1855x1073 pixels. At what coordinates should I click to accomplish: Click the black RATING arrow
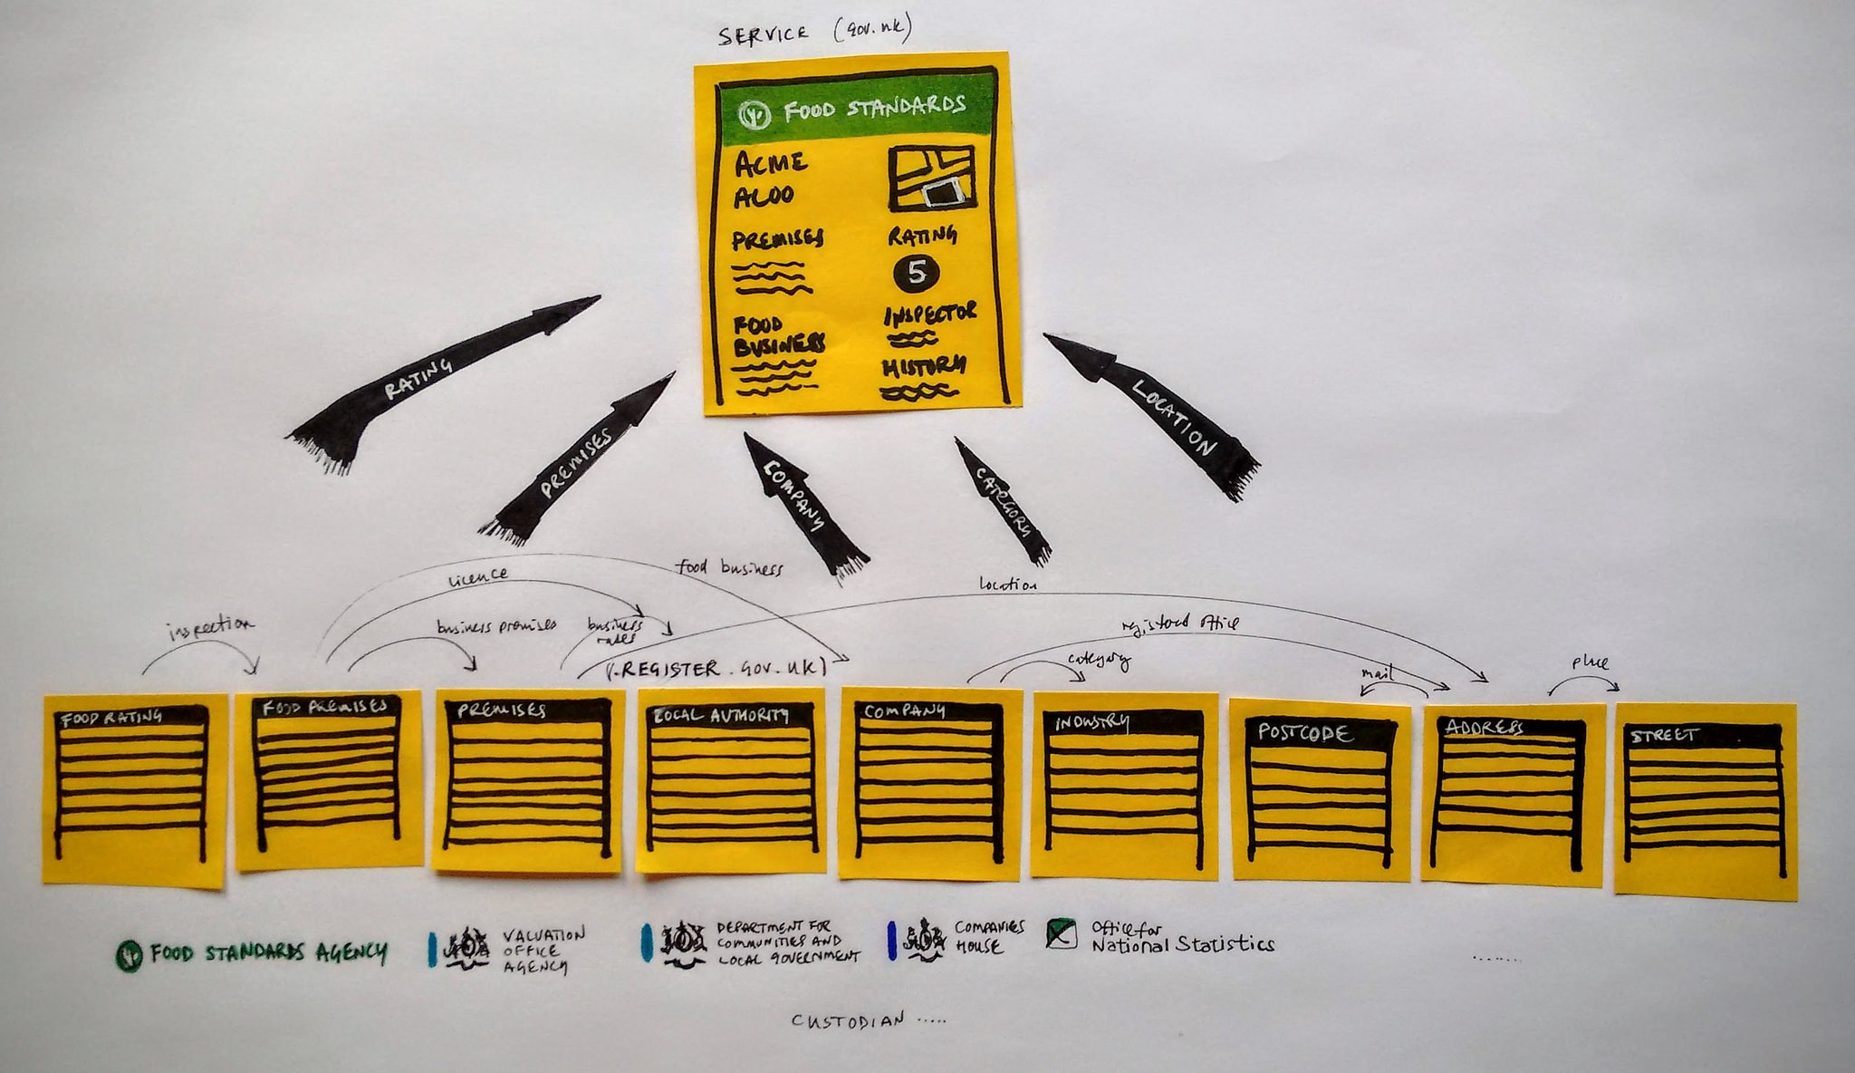point(426,376)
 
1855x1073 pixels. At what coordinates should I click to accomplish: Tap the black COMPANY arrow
point(797,502)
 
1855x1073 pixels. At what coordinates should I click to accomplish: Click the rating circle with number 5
point(917,273)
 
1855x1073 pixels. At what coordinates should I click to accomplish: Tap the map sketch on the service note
point(931,177)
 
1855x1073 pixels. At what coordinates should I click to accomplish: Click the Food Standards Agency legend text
point(268,952)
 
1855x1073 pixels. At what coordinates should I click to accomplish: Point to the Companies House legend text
point(988,937)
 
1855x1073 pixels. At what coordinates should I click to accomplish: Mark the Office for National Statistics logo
point(1062,934)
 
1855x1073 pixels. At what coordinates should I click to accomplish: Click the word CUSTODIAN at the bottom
point(848,1020)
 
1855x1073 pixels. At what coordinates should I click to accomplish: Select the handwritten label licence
point(477,575)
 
